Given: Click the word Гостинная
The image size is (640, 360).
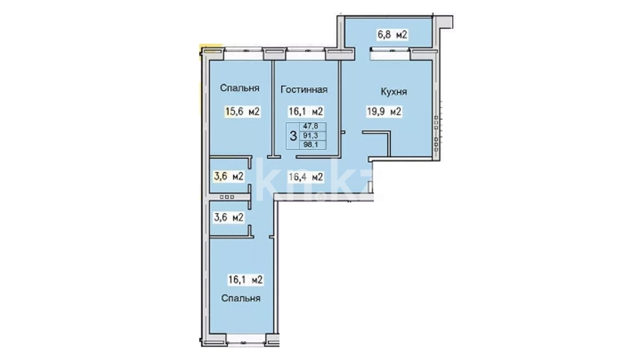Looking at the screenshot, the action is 304,89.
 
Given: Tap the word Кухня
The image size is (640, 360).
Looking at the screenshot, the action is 394,92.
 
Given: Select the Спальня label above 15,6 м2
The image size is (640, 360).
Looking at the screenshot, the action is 240,88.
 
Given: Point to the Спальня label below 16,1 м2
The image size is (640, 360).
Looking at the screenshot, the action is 241,298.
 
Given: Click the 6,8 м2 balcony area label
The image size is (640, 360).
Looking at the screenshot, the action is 392,35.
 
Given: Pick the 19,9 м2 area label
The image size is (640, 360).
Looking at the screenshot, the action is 384,111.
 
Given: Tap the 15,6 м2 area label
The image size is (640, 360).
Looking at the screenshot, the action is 242,111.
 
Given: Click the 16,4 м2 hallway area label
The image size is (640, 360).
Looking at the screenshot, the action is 306,177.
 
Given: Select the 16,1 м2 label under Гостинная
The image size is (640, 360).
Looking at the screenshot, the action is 306,111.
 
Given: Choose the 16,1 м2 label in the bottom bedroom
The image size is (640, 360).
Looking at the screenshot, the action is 245,280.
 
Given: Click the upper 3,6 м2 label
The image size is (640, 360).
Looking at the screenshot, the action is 229,176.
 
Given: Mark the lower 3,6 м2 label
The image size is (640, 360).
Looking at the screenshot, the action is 229,218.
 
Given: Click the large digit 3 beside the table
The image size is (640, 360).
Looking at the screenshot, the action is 293,136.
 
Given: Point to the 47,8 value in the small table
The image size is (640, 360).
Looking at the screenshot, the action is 310,126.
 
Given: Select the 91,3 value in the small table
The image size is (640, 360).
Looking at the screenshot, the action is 310,135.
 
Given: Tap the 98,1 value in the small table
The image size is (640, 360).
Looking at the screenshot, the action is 310,144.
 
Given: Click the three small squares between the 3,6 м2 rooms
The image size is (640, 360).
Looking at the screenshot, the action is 227,197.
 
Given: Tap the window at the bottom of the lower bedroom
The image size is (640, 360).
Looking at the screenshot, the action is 246,341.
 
